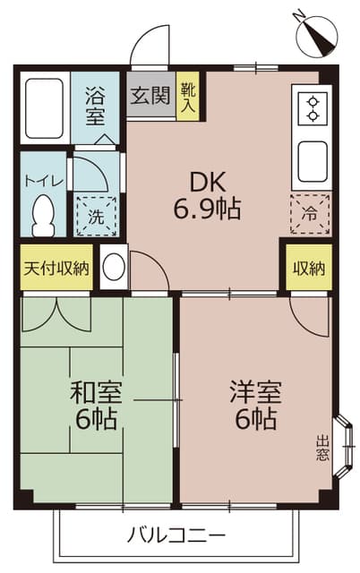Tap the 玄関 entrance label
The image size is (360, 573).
point(150,95)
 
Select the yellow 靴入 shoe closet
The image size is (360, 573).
point(187,95)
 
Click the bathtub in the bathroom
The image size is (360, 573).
point(43,110)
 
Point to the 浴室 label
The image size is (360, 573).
point(95,104)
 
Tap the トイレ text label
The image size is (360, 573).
point(43,181)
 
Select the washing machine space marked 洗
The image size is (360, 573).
point(95,215)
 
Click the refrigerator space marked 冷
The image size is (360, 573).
point(309,215)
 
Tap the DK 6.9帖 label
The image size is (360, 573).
point(207,195)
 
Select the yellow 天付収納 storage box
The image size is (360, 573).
point(56,268)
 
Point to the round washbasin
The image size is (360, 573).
point(113,268)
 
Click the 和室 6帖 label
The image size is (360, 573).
point(95,405)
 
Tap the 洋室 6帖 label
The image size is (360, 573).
point(256,405)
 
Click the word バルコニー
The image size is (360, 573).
point(176,535)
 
